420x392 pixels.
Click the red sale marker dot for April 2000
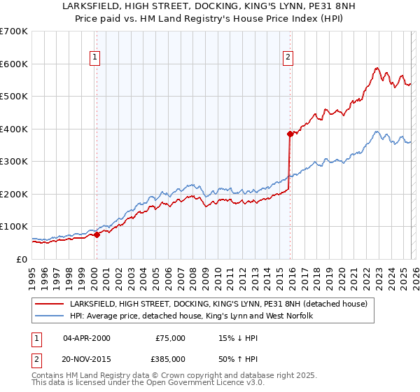[x=97, y=235]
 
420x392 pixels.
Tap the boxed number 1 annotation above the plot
[x=94, y=58]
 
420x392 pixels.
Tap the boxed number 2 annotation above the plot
[x=288, y=58]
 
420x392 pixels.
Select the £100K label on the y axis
[x=14, y=227]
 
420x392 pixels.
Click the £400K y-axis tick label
[x=14, y=129]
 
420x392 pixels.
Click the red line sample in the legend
[x=49, y=304]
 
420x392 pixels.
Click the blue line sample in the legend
[x=49, y=316]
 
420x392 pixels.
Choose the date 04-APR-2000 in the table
[x=87, y=338]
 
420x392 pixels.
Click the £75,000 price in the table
[x=170, y=338]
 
